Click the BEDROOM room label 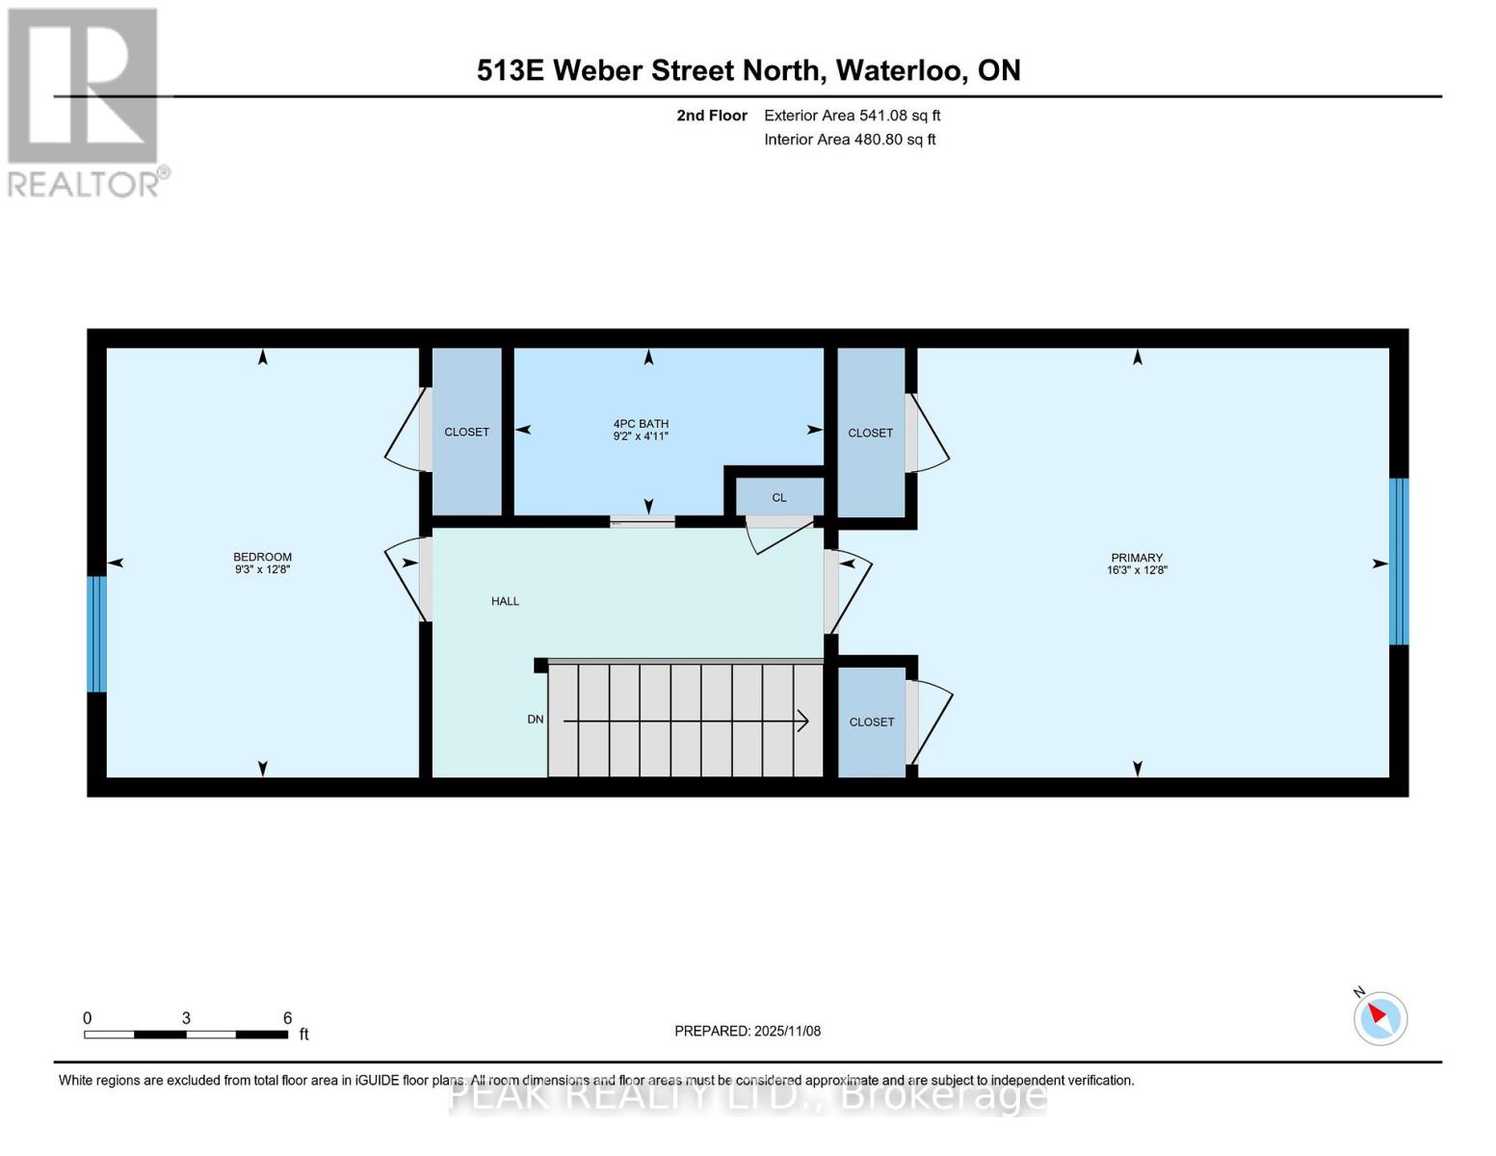point(262,557)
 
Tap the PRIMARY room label point(1137,558)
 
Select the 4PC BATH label point(641,424)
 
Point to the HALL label point(505,601)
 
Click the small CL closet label point(779,498)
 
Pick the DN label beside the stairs point(536,720)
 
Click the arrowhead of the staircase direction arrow point(801,721)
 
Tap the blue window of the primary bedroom point(1399,562)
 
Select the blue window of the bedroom point(96,634)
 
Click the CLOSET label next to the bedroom point(466,433)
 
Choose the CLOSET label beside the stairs point(872,722)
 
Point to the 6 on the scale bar point(287,1018)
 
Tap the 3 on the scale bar point(186,1018)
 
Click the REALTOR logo point(85,101)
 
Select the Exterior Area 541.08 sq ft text point(852,116)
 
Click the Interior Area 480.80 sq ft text point(850,140)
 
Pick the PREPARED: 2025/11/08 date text point(748,1031)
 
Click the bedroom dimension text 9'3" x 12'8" point(262,570)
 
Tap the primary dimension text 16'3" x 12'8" point(1137,570)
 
